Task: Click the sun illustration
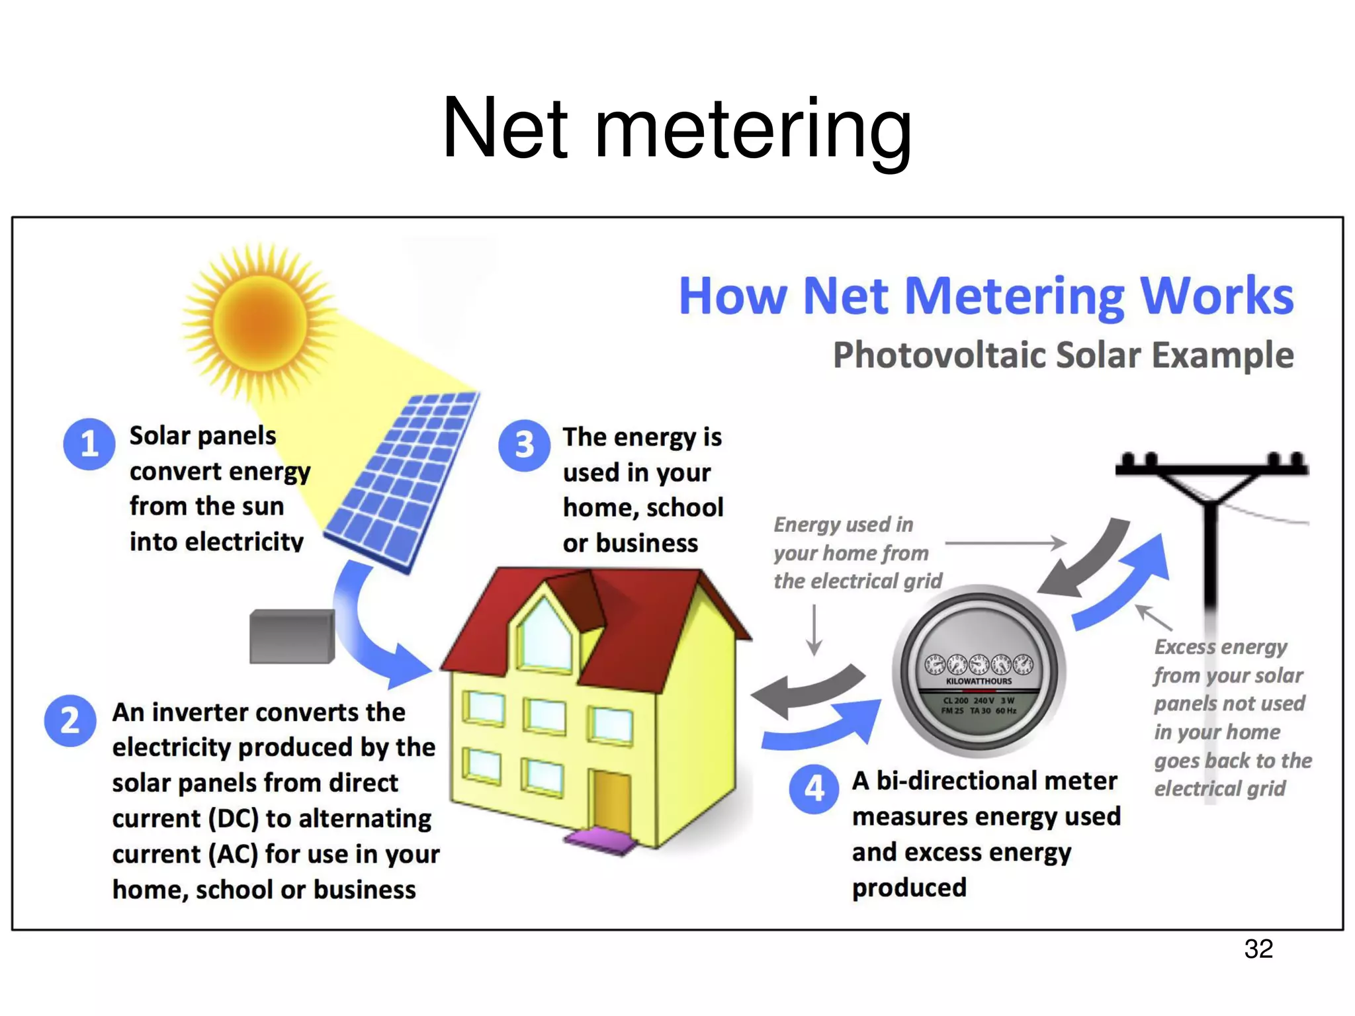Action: [x=260, y=322]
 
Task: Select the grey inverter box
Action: [x=292, y=636]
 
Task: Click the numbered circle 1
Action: [x=89, y=444]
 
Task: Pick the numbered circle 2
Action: [x=70, y=720]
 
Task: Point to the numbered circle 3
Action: [x=524, y=445]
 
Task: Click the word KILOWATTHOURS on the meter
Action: [x=979, y=681]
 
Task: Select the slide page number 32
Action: [x=1258, y=949]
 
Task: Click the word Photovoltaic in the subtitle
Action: [x=939, y=356]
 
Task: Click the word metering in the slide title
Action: [x=753, y=129]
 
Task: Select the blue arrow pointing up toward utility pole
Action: [x=1125, y=582]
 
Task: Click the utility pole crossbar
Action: [x=1211, y=469]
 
